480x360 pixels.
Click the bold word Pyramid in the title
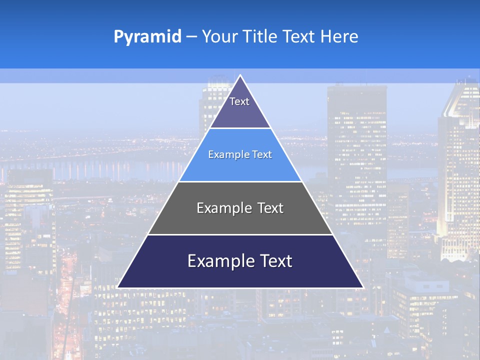tap(147, 37)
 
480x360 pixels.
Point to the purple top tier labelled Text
tap(240, 107)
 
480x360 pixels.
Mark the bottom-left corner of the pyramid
tap(118, 287)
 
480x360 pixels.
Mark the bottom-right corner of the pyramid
tap(362, 287)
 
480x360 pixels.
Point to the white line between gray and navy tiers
tap(240, 234)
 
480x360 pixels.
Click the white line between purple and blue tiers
tap(240, 128)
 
